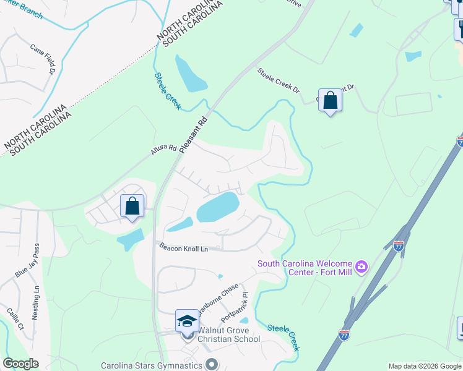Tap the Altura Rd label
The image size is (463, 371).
click(x=163, y=150)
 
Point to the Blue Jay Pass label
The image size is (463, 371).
click(x=27, y=260)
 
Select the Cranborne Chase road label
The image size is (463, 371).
click(x=219, y=300)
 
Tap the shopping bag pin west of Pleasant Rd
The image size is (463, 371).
click(x=132, y=206)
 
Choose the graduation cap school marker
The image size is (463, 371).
click(x=187, y=321)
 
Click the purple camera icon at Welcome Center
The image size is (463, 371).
click(x=361, y=267)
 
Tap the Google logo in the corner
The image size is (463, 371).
click(x=20, y=364)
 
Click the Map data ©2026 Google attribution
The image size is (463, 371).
click(x=425, y=366)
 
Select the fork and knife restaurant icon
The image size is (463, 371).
click(x=459, y=28)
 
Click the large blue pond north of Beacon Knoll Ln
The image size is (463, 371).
click(x=218, y=207)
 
